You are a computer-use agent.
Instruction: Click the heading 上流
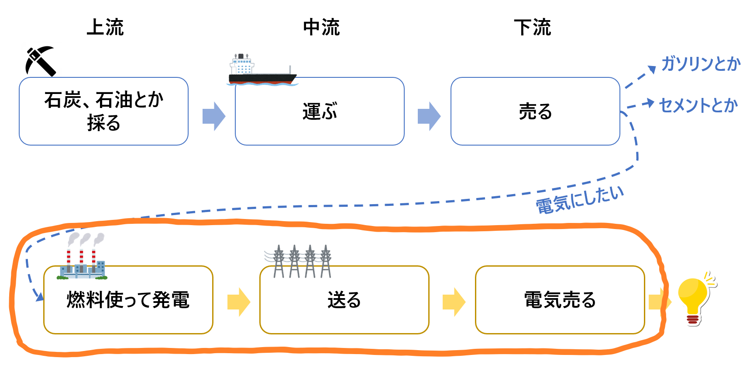tap(105, 27)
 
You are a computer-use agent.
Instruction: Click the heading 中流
tap(321, 27)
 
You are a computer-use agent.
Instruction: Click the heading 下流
tap(533, 27)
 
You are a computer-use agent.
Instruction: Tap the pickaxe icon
tap(41, 61)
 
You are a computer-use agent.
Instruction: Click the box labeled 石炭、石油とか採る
tap(103, 111)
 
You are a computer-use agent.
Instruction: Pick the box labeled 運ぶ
tap(320, 111)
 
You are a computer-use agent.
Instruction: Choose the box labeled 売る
tap(535, 111)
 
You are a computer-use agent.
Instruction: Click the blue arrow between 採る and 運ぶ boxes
tap(214, 116)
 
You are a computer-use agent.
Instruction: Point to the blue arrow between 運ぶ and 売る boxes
tap(429, 116)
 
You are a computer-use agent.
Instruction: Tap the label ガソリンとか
tap(701, 64)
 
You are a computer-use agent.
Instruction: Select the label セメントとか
tap(698, 105)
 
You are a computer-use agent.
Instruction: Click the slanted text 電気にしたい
tap(580, 200)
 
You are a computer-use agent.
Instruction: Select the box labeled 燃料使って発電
tap(128, 300)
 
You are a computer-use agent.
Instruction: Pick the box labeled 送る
tap(344, 300)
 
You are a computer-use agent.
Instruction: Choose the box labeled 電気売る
tap(560, 300)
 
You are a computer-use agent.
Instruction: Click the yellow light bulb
tap(694, 299)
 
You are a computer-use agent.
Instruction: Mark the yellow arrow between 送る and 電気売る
tap(454, 302)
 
